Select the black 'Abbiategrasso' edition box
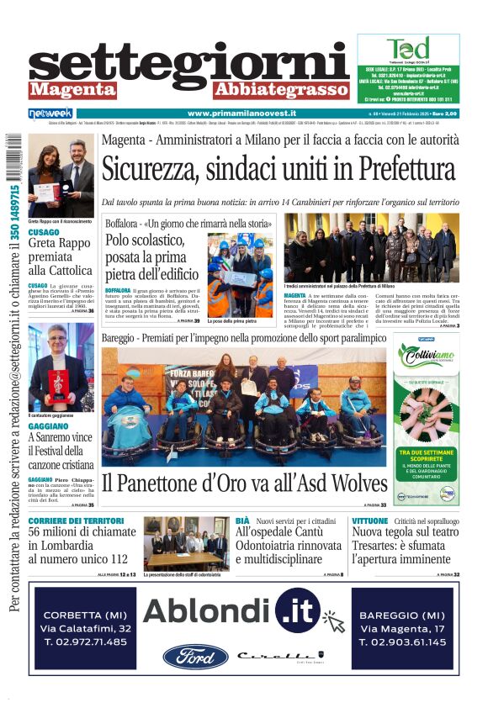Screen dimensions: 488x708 (x=268, y=89)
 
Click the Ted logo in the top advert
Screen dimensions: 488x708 (x=408, y=49)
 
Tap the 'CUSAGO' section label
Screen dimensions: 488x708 (x=44, y=232)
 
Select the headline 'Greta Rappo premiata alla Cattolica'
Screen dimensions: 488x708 (x=61, y=256)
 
